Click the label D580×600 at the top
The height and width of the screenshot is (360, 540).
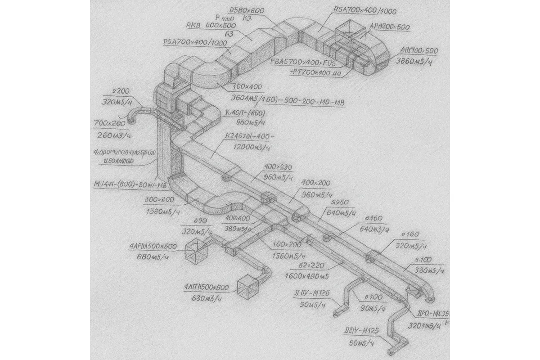click(x=246, y=10)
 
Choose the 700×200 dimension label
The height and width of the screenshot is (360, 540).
click(x=110, y=123)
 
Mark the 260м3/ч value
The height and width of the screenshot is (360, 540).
click(x=114, y=135)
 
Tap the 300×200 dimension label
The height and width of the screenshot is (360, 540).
click(x=160, y=200)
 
